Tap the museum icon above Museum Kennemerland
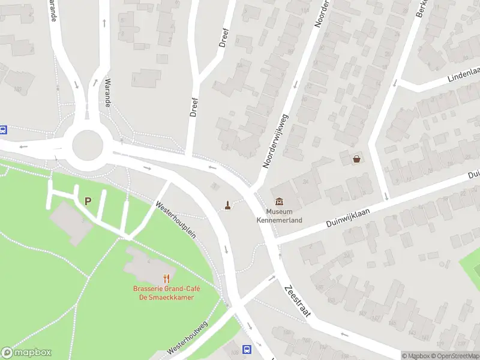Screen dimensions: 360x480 click(x=280, y=202)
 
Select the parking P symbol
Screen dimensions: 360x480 click(x=88, y=202)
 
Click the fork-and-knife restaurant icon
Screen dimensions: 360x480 click(x=166, y=278)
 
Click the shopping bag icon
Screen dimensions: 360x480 click(x=358, y=159)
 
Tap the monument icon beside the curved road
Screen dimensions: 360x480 click(x=228, y=205)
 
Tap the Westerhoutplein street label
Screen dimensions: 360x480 click(x=176, y=220)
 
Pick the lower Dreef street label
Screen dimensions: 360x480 click(x=193, y=108)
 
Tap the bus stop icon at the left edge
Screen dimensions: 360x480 click(x=3, y=130)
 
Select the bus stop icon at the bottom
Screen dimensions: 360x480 click(x=246, y=350)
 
